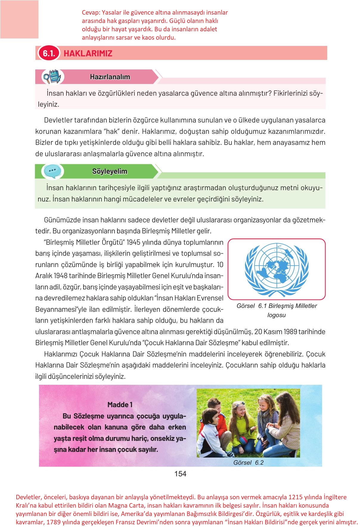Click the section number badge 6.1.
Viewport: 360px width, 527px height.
[49, 53]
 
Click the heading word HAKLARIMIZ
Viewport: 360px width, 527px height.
[88, 54]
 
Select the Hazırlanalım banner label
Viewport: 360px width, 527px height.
[110, 77]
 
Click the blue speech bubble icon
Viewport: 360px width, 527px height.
[53, 171]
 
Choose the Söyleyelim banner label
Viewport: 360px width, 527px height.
[110, 171]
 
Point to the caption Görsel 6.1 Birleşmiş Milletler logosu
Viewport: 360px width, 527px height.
[276, 310]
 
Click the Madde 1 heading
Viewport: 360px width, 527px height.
[120, 404]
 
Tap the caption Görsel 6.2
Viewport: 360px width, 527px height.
[249, 463]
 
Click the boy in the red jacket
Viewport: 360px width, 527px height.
[212, 413]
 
